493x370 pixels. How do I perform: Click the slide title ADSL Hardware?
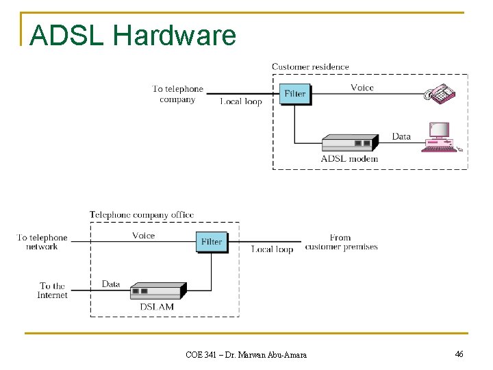coord(134,36)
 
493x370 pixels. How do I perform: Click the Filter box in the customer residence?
coord(295,94)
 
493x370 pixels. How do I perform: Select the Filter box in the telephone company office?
coord(212,242)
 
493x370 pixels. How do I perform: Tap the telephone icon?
coord(440,93)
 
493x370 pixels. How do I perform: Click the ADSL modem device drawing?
coord(349,143)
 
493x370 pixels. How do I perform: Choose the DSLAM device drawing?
coord(157,291)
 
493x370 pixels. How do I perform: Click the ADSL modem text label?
coord(349,159)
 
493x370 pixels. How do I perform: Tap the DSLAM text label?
coord(157,306)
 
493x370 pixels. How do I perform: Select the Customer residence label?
coord(310,67)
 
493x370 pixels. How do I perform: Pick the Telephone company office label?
coord(142,215)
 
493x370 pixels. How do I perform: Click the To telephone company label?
coord(177,94)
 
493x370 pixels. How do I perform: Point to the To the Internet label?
coord(53,291)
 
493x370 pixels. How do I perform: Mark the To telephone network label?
coord(42,242)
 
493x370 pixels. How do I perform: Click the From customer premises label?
coord(341,242)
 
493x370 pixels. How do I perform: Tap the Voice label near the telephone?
coord(362,87)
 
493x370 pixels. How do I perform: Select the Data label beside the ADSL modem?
coord(401,136)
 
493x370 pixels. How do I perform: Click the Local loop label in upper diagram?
coord(241,101)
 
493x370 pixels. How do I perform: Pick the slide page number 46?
coord(459,354)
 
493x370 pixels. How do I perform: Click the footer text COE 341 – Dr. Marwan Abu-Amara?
coord(246,354)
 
